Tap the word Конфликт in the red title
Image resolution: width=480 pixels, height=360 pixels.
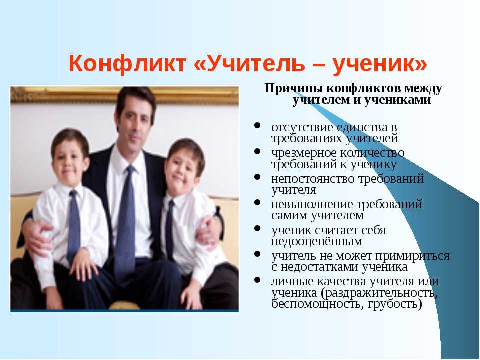[x=127, y=63]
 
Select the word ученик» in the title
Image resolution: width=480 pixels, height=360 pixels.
[x=379, y=64]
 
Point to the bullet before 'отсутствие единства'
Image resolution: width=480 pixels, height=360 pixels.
[x=257, y=125]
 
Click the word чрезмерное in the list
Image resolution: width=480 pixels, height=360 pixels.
[x=303, y=153]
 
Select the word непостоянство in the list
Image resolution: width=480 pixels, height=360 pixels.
[x=312, y=178]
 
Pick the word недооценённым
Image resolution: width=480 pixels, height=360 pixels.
[x=317, y=241]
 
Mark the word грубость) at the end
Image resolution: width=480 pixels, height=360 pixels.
[x=395, y=304]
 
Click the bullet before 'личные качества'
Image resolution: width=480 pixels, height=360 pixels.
[x=257, y=279]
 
